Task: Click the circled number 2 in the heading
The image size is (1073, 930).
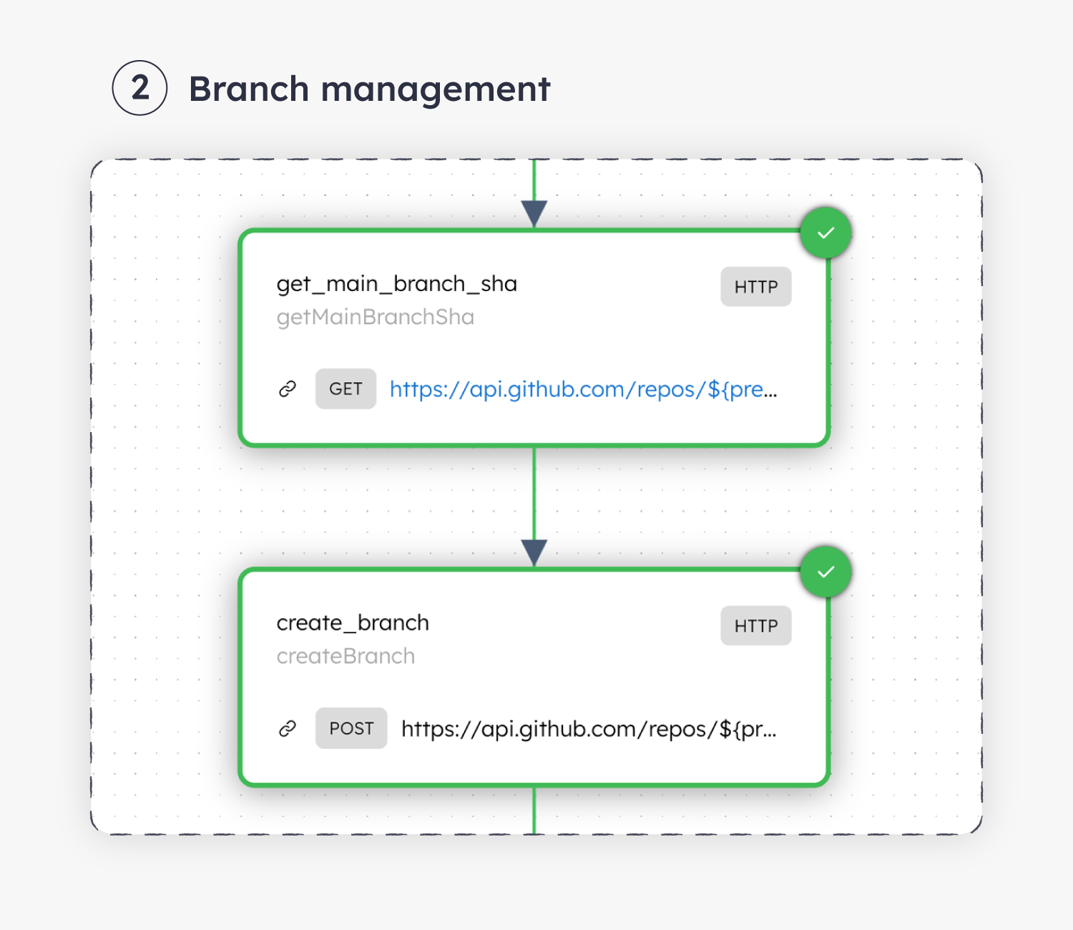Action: [x=139, y=88]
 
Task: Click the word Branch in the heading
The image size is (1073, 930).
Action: [x=248, y=89]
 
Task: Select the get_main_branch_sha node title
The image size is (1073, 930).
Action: [x=396, y=284]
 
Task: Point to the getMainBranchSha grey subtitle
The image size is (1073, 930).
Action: [x=375, y=317]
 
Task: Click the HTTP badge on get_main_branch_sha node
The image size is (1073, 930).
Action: [x=755, y=287]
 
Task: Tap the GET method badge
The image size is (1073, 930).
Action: [x=346, y=389]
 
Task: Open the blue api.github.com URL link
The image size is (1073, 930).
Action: [x=583, y=389]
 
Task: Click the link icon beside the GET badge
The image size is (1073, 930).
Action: [x=288, y=389]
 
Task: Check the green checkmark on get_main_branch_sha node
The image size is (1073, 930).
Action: [x=825, y=232]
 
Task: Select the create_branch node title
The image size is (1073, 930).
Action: [x=353, y=623]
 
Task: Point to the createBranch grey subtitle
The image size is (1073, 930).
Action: [x=346, y=656]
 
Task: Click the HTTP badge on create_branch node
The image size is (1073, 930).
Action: [x=755, y=626]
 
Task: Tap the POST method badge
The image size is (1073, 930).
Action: [x=351, y=728]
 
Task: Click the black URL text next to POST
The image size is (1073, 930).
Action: [x=589, y=728]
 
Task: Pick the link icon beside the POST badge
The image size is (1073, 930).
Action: [x=288, y=728]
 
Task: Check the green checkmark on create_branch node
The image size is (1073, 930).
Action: [x=825, y=572]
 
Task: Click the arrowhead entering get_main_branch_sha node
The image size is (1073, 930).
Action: [x=534, y=212]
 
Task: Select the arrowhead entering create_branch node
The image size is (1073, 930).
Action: [x=534, y=552]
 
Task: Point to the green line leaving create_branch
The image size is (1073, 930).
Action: [x=534, y=811]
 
